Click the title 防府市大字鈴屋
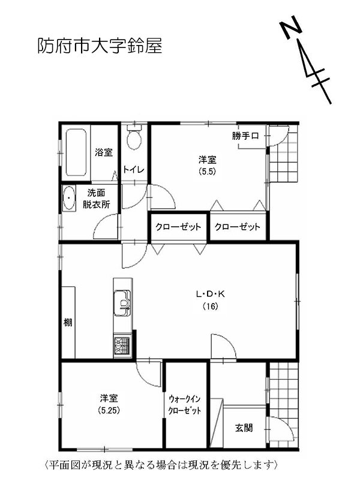100,46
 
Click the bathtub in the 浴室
76,154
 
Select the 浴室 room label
104,152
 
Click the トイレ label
134,170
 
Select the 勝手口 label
245,136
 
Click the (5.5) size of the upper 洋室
208,170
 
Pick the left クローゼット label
179,227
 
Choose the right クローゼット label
238,227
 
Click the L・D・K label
210,294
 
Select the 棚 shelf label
68,323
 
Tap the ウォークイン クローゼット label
185,404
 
